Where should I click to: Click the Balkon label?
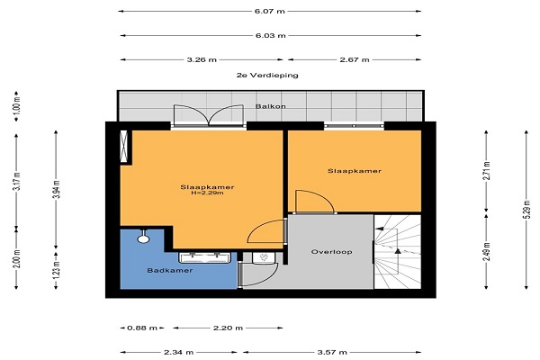coord(270,106)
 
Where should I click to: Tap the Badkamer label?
coord(170,270)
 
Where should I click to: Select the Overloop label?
coord(331,252)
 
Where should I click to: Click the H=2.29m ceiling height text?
coord(207,193)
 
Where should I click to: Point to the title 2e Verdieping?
coord(267,75)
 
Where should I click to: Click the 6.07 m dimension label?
coord(270,11)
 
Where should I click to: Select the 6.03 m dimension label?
coord(270,35)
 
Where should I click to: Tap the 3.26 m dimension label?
coord(202,59)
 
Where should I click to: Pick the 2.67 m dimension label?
coord(355,59)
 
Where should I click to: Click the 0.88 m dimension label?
coord(142,328)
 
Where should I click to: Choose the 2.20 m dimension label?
coord(228,328)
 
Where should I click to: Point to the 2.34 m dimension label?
coord(178,352)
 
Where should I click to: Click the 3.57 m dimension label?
coord(332,352)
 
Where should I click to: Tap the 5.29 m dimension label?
coord(526,210)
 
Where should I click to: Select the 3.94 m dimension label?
coord(56,190)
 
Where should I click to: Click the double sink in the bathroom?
coord(204,257)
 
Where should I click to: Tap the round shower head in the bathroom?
coord(143,238)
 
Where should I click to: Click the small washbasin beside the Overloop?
coord(264,257)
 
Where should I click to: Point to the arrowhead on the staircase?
coord(398,251)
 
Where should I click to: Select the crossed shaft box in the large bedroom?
coord(123,146)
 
